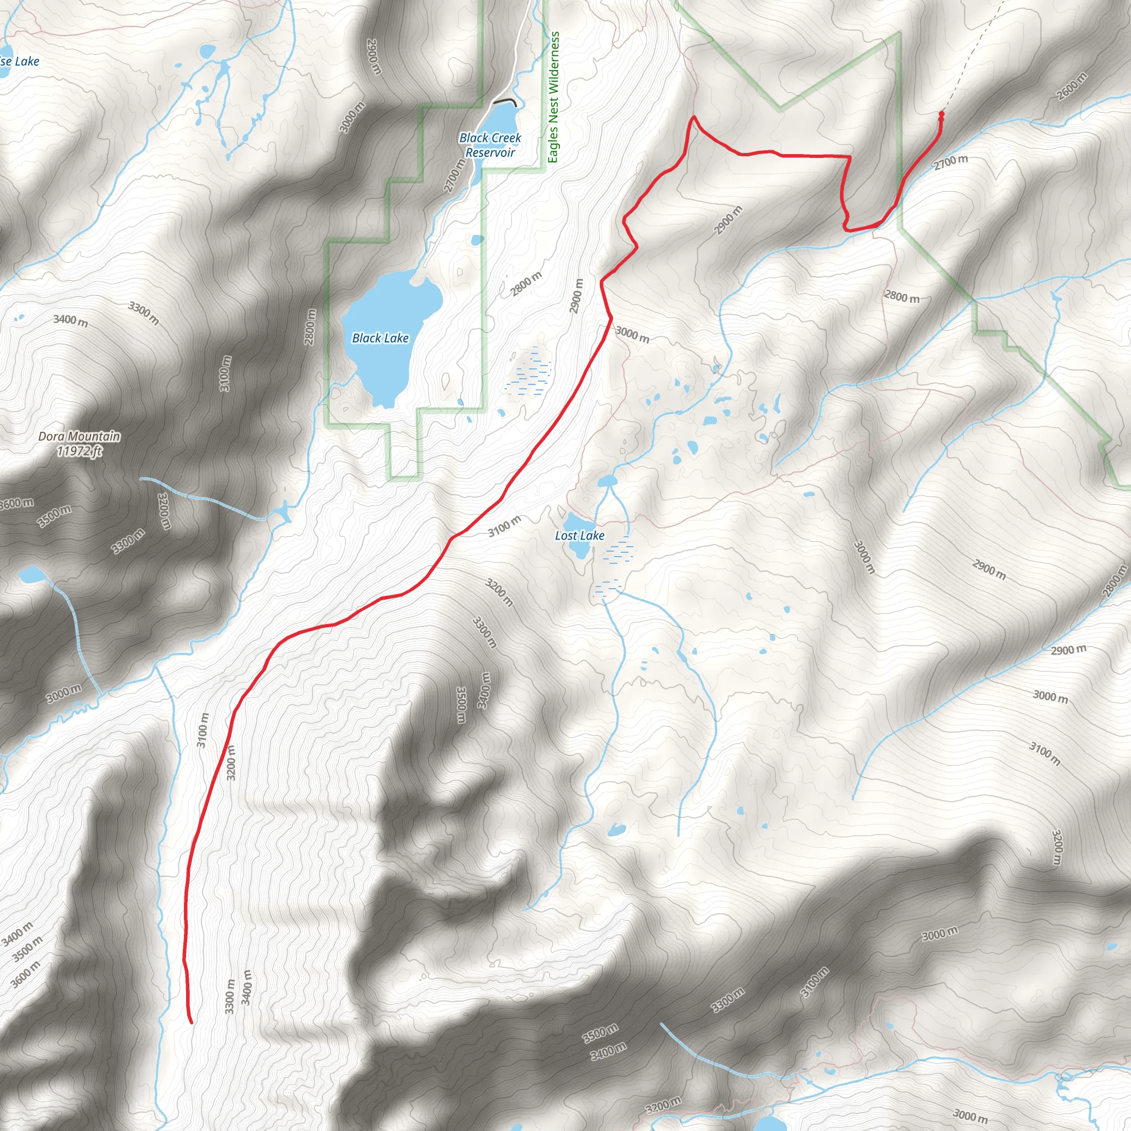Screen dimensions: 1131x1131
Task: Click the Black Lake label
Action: [380, 338]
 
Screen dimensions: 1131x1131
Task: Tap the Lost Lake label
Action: [579, 536]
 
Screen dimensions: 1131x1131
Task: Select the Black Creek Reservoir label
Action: [490, 145]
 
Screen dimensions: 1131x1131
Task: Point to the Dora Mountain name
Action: [79, 436]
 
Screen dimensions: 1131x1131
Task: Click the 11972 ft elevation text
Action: [80, 451]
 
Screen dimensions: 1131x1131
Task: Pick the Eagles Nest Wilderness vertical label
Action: [553, 97]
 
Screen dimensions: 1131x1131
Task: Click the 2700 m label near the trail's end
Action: [951, 162]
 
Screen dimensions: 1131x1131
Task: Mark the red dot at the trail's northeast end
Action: [940, 114]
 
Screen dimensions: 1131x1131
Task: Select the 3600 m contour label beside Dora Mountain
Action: [17, 504]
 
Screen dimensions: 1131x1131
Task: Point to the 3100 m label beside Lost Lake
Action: [504, 526]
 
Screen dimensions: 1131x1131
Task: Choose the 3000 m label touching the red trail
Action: [632, 335]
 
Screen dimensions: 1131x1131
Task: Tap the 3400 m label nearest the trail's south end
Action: [246, 987]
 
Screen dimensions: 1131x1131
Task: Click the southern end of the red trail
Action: [192, 1022]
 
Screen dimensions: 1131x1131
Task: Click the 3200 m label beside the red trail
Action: [231, 762]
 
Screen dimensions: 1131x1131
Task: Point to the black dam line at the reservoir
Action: [505, 101]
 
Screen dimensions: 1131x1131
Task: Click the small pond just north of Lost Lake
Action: [607, 482]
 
